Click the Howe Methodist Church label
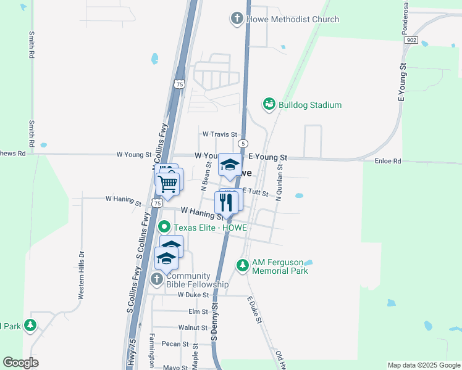[292, 19]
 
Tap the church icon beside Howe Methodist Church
[237, 18]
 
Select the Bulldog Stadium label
[309, 105]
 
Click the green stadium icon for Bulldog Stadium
[269, 104]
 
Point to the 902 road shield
[412, 39]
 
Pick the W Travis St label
[220, 134]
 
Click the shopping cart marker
[168, 183]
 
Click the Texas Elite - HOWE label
[210, 228]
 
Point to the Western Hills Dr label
[81, 275]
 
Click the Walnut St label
[193, 327]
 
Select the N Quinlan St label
[279, 182]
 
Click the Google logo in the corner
[21, 363]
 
